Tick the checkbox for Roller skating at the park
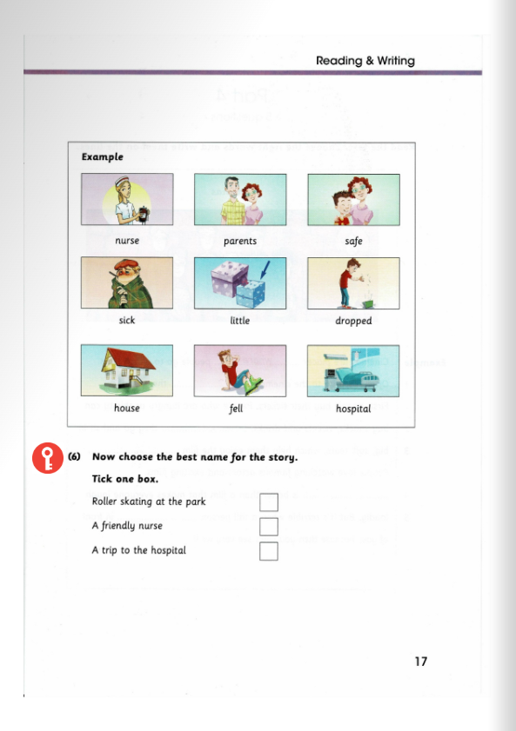tap(269, 502)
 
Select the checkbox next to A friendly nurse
tap(269, 527)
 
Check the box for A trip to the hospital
tap(269, 551)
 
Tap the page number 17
tap(420, 661)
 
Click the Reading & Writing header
tap(365, 61)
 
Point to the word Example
tap(102, 157)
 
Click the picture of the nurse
tap(126, 199)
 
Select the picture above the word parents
tap(239, 199)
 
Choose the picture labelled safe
tap(353, 199)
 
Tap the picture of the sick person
tap(126, 282)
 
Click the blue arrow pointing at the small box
tap(265, 274)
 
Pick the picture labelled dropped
tap(353, 282)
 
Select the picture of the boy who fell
tap(239, 370)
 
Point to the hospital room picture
tap(353, 370)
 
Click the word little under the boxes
tap(239, 321)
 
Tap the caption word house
tap(126, 409)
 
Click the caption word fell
tap(236, 409)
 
